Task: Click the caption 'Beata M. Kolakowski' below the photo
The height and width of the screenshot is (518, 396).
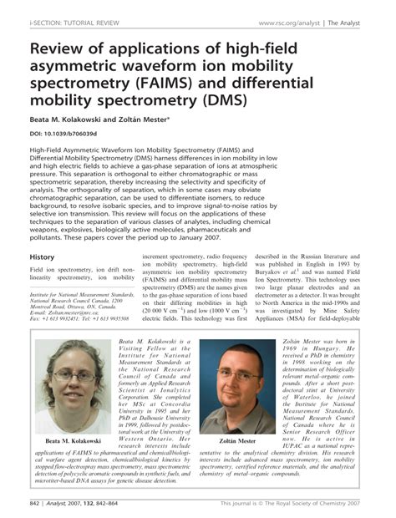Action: click(x=73, y=439)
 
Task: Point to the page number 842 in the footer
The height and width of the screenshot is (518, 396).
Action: click(x=36, y=504)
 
